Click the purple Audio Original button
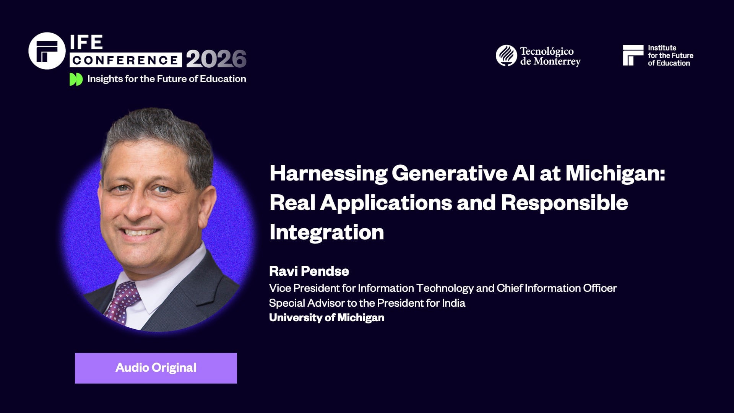pos(156,368)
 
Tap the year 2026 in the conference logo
pos(216,59)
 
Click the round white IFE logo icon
pos(47,51)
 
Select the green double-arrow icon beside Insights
pos(76,79)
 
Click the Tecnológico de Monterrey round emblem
pos(506,55)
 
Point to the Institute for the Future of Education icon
pos(633,55)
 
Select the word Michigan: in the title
pos(615,173)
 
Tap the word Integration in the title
pos(326,232)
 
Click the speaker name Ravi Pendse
pos(309,271)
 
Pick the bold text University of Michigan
pos(326,317)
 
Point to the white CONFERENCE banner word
pos(125,60)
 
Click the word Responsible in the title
pos(564,203)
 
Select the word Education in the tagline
pos(223,79)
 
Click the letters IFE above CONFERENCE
pos(86,42)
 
